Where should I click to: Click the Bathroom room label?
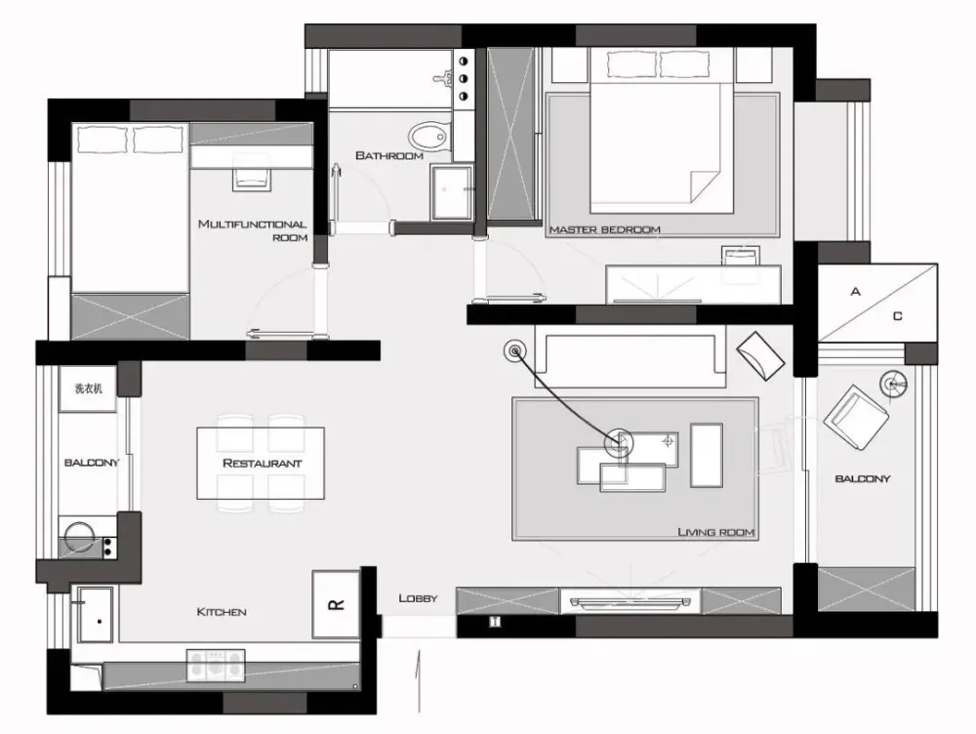coord(389,155)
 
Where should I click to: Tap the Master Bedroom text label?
coord(604,229)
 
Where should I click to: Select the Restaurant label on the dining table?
coord(262,464)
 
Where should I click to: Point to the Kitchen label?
coord(222,612)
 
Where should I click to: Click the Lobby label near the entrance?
coord(419,598)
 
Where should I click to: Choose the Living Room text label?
coord(715,532)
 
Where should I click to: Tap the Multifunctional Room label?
coord(253,230)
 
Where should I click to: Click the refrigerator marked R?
coord(336,604)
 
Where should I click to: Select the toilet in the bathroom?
coord(428,136)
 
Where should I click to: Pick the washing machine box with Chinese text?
coord(88,388)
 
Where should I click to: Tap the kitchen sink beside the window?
coord(96,615)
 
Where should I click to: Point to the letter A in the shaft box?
coord(856,292)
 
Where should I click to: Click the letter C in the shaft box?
coord(898,316)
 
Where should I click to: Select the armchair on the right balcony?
coord(857,418)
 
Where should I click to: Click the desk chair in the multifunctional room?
coord(252,175)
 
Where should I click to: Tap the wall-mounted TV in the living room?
coord(631,602)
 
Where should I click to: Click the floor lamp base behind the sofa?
coord(514,351)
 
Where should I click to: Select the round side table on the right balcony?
coord(893,385)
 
